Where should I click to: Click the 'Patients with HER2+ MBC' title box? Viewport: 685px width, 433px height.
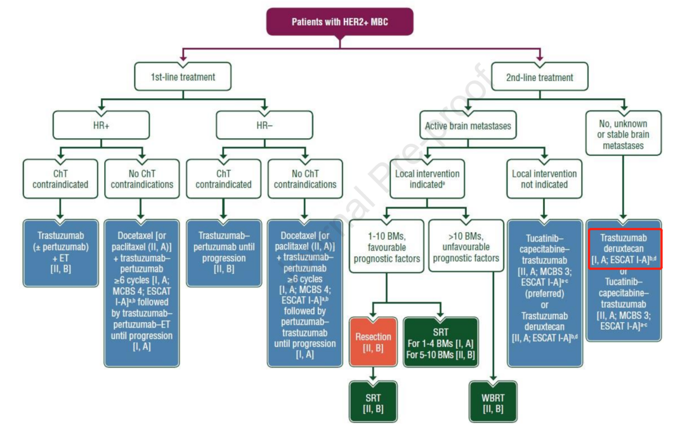click(x=339, y=22)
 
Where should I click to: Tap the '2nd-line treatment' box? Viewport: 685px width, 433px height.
click(x=539, y=77)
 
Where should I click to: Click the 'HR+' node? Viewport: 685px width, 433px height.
click(x=101, y=126)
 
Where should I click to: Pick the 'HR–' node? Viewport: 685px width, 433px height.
click(x=265, y=126)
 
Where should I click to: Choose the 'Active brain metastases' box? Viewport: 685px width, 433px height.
click(x=467, y=126)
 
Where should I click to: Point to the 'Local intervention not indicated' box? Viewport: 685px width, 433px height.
click(x=544, y=179)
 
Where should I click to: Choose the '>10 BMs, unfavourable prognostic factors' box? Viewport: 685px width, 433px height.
click(x=466, y=247)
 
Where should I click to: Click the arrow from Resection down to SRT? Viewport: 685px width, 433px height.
click(x=373, y=374)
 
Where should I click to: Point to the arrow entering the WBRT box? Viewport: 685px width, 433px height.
click(x=493, y=374)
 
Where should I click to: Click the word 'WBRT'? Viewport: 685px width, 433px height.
click(x=493, y=397)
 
